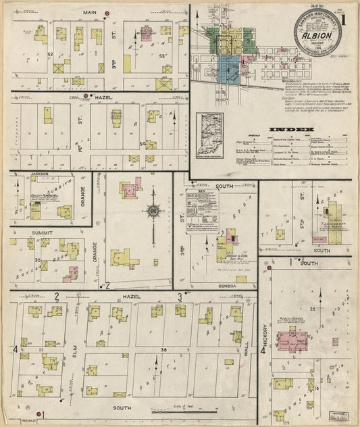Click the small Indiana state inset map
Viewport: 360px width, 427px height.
click(x=210, y=130)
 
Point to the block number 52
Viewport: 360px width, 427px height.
click(x=50, y=53)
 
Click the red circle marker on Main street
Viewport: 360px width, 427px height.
click(x=107, y=13)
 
